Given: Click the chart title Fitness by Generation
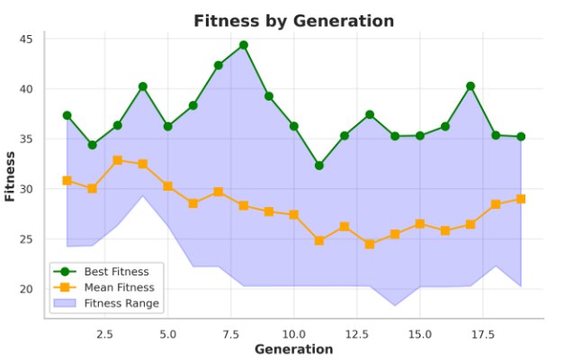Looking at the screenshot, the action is (293, 21).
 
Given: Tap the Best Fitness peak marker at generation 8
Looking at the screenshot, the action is (244, 45).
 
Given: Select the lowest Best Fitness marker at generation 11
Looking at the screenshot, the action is (318, 166).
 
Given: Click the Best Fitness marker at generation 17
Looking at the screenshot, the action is (471, 86).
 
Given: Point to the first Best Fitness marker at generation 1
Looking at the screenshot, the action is (67, 115).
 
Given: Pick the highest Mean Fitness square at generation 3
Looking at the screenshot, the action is (118, 160).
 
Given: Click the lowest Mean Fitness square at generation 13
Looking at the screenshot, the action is (370, 244).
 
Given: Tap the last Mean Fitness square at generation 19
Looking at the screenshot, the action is (521, 199).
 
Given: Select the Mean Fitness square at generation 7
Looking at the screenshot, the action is (219, 192).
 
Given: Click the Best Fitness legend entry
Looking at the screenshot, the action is (102, 272).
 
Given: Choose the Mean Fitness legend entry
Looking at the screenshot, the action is (104, 287).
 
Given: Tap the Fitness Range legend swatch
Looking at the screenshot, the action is (65, 303).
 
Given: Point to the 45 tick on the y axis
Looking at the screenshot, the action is (26, 39).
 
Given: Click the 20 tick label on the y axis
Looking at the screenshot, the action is (26, 289).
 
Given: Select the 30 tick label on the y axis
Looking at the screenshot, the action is (26, 189).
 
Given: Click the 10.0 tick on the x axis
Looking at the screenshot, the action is (293, 335).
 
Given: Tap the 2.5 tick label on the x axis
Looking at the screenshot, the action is (104, 335).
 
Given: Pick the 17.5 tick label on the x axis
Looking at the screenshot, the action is (483, 335).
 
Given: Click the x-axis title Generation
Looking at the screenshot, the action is (293, 349).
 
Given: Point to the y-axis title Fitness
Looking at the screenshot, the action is (10, 176).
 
